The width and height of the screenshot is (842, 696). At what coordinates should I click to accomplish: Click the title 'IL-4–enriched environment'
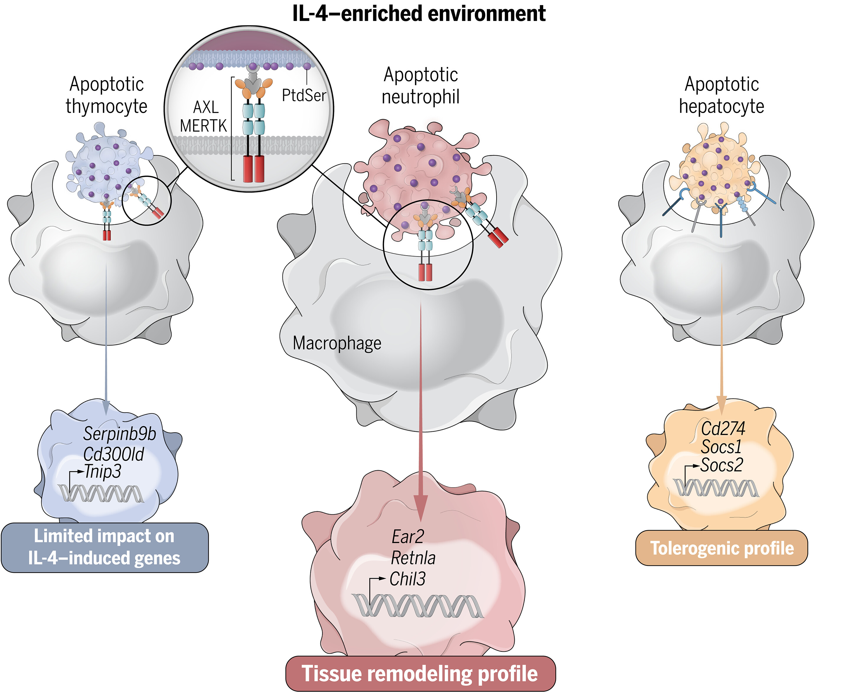click(x=419, y=14)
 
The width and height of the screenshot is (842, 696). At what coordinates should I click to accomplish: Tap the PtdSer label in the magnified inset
click(x=304, y=95)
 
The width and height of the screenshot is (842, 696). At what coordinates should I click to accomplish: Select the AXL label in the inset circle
click(x=206, y=107)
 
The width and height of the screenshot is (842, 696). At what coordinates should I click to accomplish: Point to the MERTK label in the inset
click(x=203, y=126)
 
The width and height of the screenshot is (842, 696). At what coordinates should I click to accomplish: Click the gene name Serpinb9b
click(x=120, y=434)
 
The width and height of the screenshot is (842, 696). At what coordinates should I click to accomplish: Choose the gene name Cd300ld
click(x=113, y=454)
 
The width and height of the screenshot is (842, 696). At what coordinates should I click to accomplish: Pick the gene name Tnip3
click(x=103, y=472)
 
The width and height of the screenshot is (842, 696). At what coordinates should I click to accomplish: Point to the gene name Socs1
click(x=721, y=446)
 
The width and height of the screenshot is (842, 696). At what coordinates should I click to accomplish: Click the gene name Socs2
click(x=721, y=465)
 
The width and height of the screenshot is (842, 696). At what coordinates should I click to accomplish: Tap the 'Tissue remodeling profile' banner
click(x=420, y=674)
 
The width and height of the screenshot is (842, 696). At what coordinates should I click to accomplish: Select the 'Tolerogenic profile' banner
click(x=721, y=548)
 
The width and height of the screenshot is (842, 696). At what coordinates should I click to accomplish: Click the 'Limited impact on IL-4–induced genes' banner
click(x=104, y=547)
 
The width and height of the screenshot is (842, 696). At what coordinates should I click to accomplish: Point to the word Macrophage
click(x=337, y=343)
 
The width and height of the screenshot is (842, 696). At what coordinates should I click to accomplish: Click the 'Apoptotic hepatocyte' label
click(x=721, y=95)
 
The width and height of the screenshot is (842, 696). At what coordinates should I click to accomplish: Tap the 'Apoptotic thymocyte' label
click(x=107, y=95)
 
